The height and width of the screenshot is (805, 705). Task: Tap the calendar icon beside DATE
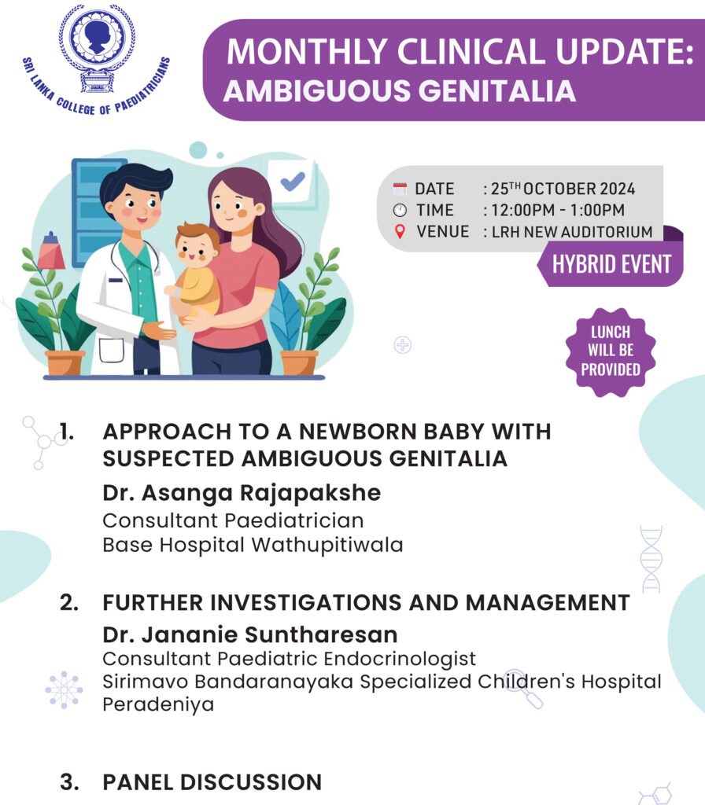pyautogui.click(x=400, y=189)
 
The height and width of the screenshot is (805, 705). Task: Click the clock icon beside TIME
pyautogui.click(x=400, y=210)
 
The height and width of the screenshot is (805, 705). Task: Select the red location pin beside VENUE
pyautogui.click(x=400, y=232)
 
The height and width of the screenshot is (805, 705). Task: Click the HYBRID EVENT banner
pyautogui.click(x=611, y=264)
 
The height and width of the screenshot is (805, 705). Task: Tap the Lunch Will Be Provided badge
pyautogui.click(x=610, y=351)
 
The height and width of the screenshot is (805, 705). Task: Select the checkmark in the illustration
pyautogui.click(x=293, y=182)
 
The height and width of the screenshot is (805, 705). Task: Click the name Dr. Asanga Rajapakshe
pyautogui.click(x=242, y=493)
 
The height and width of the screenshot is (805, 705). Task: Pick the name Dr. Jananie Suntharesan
pyautogui.click(x=250, y=634)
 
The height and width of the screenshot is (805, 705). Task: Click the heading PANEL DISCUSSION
pyautogui.click(x=212, y=782)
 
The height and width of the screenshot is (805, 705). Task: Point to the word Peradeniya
pyautogui.click(x=158, y=704)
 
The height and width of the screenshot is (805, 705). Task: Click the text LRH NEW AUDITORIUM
pyautogui.click(x=571, y=232)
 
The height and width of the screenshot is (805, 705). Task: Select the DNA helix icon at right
pyautogui.click(x=651, y=559)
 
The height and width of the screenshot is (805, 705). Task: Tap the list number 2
pyautogui.click(x=69, y=603)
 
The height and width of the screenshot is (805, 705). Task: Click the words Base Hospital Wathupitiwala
pyautogui.click(x=253, y=545)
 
